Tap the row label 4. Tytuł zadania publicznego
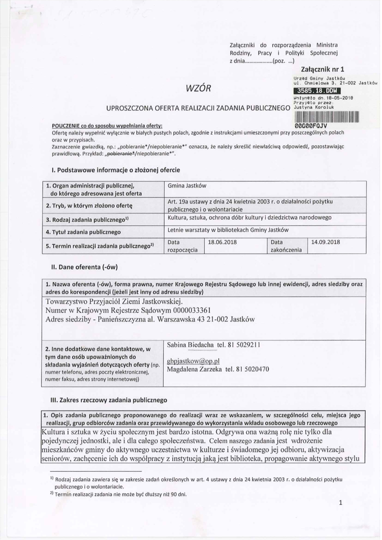point(83,232)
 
